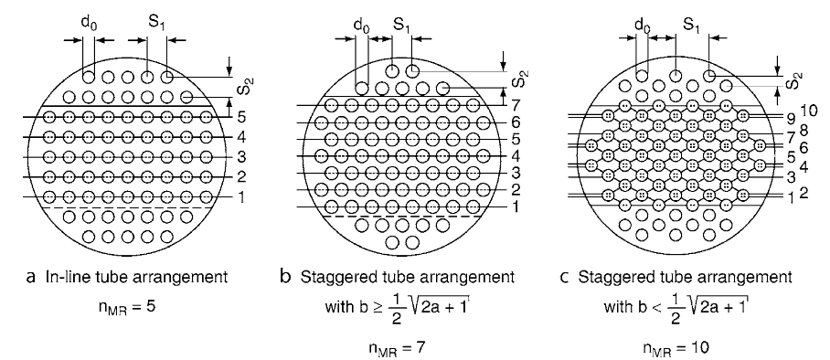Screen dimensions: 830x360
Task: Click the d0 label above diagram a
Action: coord(88,25)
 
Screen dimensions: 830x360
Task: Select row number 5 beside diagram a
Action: coord(240,116)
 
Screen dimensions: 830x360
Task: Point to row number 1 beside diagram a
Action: coord(240,197)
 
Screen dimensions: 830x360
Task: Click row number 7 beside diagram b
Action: coord(516,105)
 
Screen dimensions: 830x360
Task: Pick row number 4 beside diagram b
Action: coord(516,157)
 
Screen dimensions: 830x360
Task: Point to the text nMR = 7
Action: coord(397,347)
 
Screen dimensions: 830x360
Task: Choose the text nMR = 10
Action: coord(676,347)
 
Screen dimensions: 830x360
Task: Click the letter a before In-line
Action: coord(30,277)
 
